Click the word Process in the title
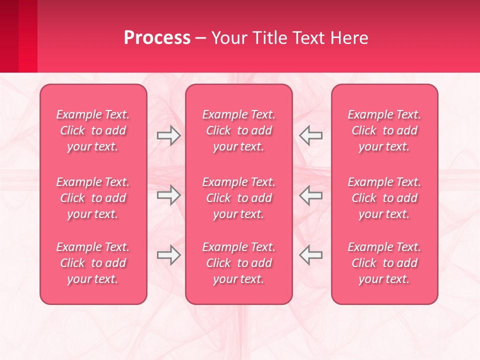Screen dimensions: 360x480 pos(157,38)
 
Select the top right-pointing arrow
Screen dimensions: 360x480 pos(168,135)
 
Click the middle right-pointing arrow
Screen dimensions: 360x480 pos(168,195)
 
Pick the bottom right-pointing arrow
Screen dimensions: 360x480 pos(168,255)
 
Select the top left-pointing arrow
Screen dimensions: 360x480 pos(311,135)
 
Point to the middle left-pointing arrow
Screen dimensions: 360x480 pos(311,195)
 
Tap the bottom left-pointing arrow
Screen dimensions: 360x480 pos(311,255)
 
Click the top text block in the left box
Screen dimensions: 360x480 pos(93,130)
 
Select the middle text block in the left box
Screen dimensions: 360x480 pos(93,198)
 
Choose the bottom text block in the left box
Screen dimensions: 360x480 pos(93,263)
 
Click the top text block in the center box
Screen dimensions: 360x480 pos(238,130)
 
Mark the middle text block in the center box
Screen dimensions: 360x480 pos(238,198)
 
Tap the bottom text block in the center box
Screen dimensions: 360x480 pos(238,263)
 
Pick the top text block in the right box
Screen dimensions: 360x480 pos(384,130)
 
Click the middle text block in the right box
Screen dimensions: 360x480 pos(384,198)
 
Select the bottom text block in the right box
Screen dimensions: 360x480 pos(384,263)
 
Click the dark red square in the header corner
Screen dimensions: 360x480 pos(9,36)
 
